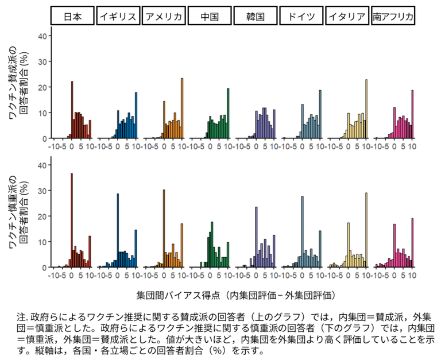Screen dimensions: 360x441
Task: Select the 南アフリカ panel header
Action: [393, 16]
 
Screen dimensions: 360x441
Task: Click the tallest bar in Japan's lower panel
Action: [72, 221]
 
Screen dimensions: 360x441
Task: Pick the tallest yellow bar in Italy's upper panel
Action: [366, 109]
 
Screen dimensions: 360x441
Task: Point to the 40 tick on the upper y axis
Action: [42, 36]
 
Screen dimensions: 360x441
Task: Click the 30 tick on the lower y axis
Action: [42, 191]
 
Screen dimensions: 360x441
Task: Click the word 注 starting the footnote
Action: [21, 316]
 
